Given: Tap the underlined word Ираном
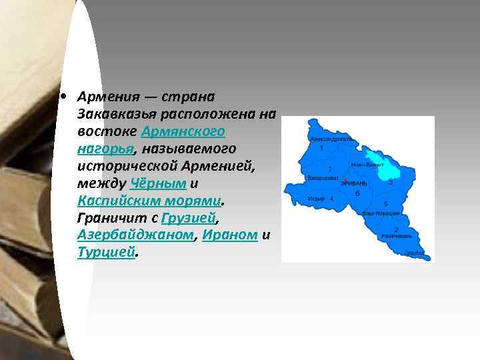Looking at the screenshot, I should (x=230, y=235).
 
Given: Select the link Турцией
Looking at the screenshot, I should (x=106, y=252).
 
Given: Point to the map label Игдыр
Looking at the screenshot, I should (x=316, y=199).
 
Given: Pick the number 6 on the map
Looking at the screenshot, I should (x=358, y=193).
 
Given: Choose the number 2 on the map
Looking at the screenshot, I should (x=396, y=229).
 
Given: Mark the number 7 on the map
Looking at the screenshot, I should (x=330, y=169).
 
